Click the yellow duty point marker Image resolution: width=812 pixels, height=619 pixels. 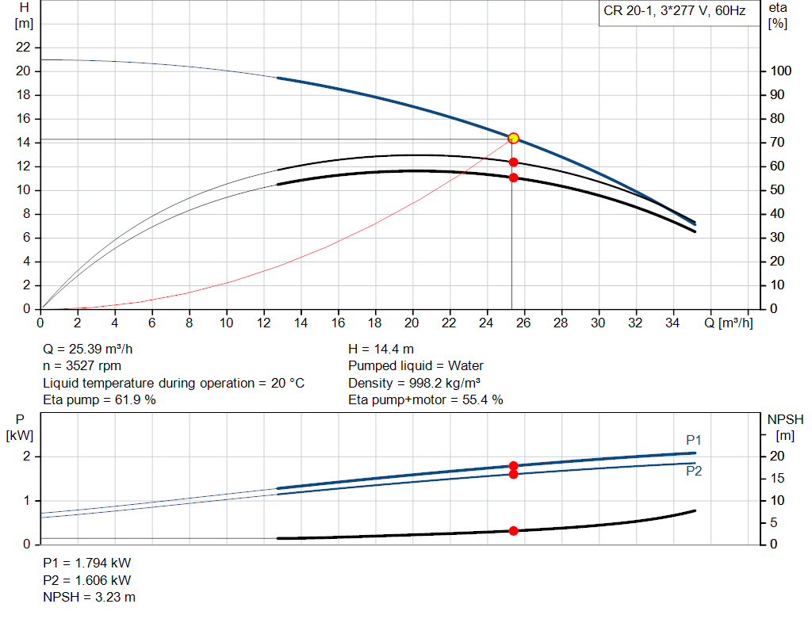pyautogui.click(x=513, y=138)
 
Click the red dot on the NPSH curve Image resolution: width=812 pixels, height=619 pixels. pyautogui.click(x=513, y=530)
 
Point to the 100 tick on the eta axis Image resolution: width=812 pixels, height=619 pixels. pyautogui.click(x=781, y=71)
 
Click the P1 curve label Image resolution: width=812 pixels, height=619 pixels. pyautogui.click(x=694, y=440)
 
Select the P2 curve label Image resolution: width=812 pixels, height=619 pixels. pyautogui.click(x=694, y=471)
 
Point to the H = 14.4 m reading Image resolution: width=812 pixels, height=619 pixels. pyautogui.click(x=381, y=349)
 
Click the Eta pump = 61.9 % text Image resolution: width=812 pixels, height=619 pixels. pyautogui.click(x=99, y=400)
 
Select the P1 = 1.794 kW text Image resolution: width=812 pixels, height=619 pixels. pyautogui.click(x=86, y=564)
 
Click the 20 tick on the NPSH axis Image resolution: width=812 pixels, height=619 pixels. pyautogui.click(x=778, y=457)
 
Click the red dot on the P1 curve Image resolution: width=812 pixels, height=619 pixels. pyautogui.click(x=513, y=466)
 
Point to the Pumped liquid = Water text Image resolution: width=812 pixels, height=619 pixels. pyautogui.click(x=416, y=366)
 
